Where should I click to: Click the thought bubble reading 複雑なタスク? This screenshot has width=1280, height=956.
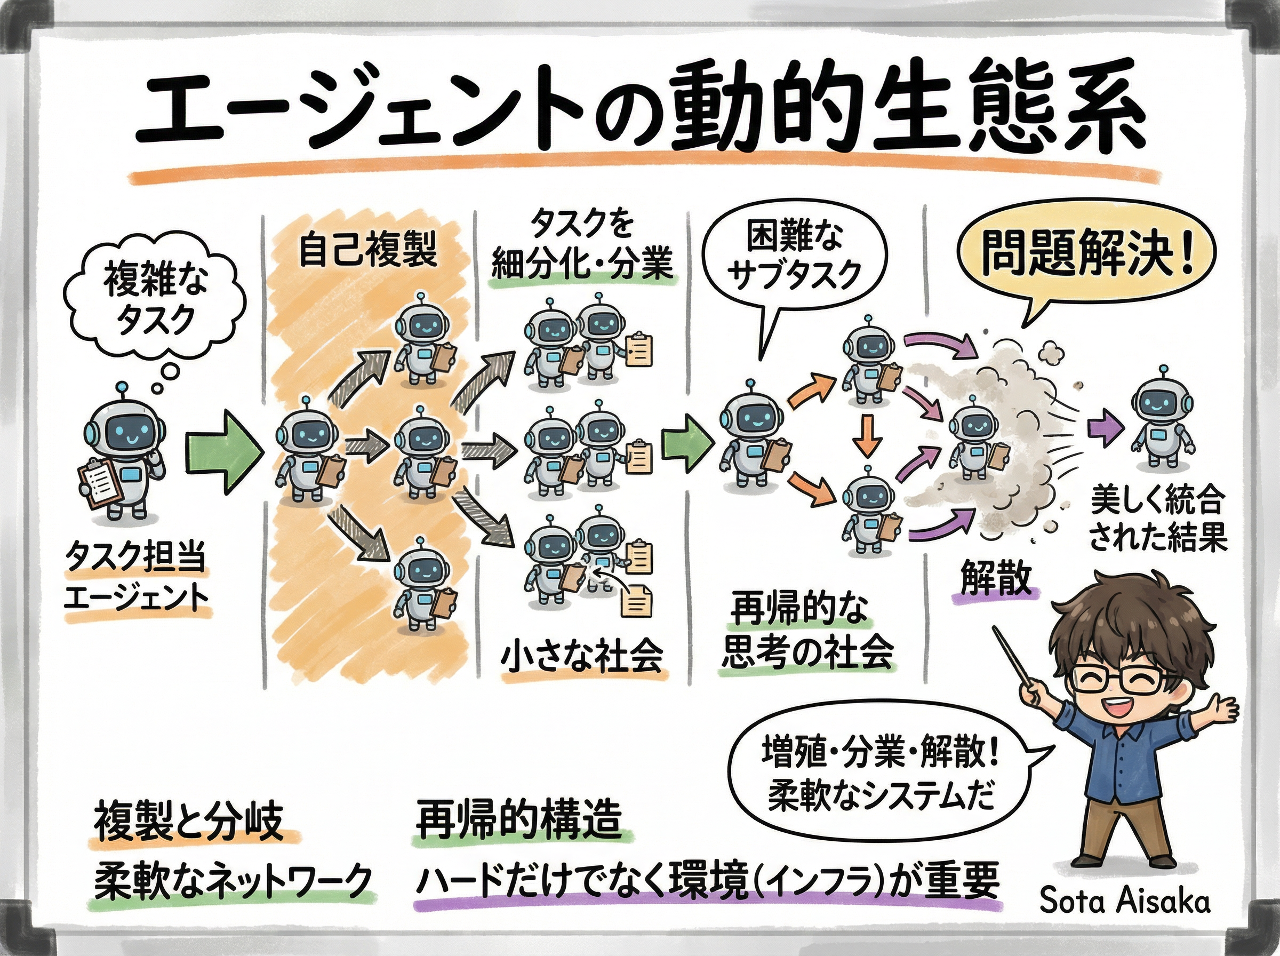click(155, 301)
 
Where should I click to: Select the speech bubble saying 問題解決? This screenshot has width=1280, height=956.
click(1086, 254)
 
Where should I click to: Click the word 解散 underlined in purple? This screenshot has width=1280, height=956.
click(996, 578)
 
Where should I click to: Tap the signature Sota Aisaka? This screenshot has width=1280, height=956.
click(1124, 901)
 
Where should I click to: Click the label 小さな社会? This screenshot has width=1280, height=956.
click(581, 656)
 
